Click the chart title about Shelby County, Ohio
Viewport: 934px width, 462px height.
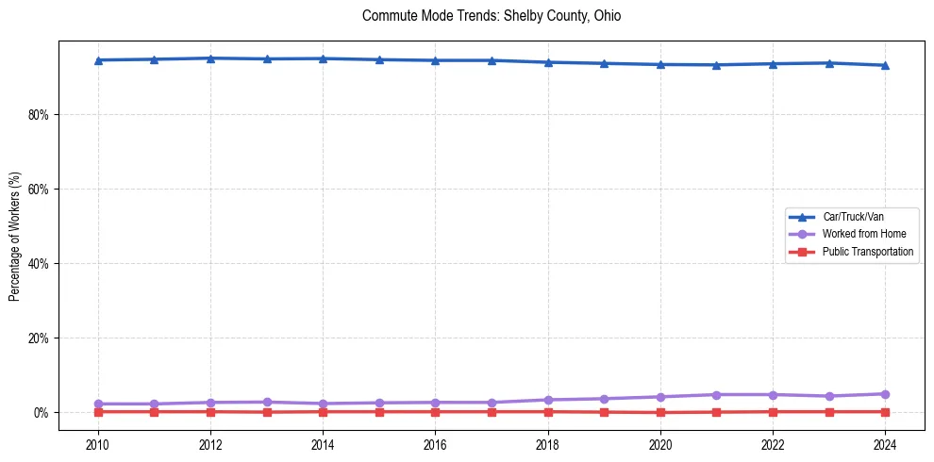click(491, 16)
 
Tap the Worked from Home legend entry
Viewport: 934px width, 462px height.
click(863, 234)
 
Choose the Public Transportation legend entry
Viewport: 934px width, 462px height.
click(867, 252)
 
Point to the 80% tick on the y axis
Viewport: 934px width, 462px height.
click(40, 115)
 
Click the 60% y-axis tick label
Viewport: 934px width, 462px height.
click(40, 190)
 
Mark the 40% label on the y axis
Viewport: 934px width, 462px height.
click(40, 264)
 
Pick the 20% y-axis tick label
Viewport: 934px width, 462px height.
click(40, 338)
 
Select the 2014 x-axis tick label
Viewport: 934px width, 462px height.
click(323, 444)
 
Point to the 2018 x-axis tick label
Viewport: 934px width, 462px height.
click(548, 444)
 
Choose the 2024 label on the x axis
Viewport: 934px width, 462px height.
click(885, 444)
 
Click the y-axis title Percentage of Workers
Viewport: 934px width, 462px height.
click(15, 236)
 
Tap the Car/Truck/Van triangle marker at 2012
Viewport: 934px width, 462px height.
click(210, 58)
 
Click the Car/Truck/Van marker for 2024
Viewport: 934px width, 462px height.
click(885, 65)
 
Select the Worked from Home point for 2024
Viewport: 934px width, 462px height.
click(885, 394)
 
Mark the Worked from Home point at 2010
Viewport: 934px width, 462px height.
click(98, 404)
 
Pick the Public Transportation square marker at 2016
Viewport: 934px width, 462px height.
click(435, 411)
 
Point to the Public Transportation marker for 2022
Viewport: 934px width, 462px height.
click(773, 411)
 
